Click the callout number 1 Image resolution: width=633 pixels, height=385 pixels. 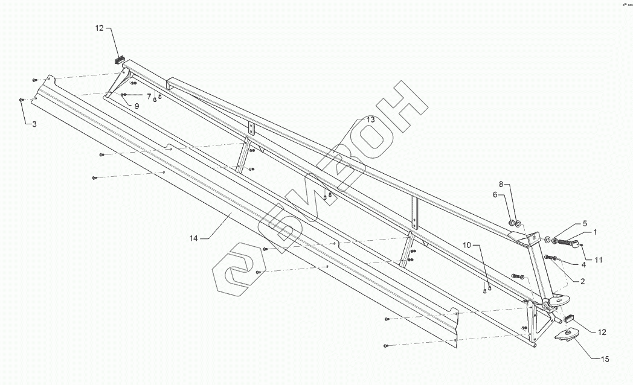596,231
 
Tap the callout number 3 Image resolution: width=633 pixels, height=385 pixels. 34,124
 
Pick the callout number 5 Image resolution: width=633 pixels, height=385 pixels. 585,223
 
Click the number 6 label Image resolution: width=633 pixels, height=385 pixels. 495,194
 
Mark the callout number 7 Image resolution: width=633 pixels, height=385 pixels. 148,97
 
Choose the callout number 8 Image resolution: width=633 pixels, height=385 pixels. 501,183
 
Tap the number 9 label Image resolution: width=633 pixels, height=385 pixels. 137,106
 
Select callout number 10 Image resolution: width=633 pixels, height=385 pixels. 467,244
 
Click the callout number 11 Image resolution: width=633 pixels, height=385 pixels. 599,260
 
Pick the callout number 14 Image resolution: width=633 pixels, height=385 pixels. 193,239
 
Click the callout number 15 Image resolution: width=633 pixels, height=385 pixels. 605,360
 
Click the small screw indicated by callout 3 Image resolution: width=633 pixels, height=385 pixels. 22,100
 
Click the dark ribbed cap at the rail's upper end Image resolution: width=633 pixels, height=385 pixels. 118,59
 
